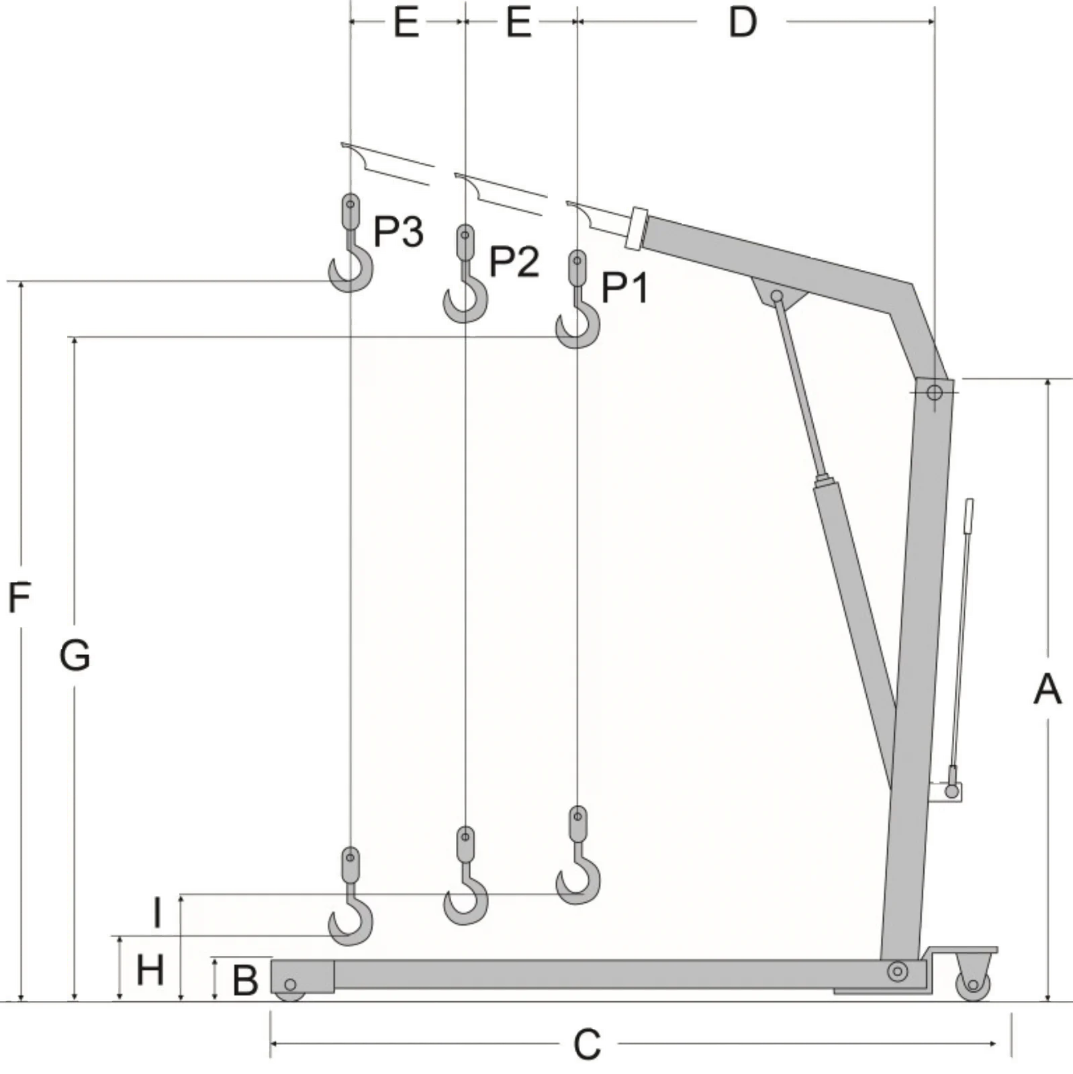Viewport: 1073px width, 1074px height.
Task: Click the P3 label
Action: click(x=398, y=232)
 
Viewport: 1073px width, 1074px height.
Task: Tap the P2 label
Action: click(x=514, y=262)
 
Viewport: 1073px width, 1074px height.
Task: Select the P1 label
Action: click(x=625, y=289)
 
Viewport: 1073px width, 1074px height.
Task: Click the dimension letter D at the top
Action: click(x=743, y=23)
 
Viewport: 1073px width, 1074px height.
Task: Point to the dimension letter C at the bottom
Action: click(x=587, y=1044)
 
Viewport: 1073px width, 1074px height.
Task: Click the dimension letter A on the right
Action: click(x=1047, y=689)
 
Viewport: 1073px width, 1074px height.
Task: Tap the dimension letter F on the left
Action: click(x=19, y=597)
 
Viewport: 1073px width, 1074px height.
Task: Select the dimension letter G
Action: click(x=75, y=655)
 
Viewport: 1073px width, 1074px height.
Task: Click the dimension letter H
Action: click(x=150, y=970)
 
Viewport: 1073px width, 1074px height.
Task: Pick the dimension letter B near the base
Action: click(x=245, y=981)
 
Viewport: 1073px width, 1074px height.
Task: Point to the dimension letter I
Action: click(x=157, y=914)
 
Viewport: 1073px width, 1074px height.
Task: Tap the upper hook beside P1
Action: click(x=577, y=299)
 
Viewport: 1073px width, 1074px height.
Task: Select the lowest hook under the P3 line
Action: click(x=350, y=896)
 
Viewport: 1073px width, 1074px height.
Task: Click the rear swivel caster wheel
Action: click(x=973, y=984)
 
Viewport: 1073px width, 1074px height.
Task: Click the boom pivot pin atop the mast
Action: click(x=934, y=391)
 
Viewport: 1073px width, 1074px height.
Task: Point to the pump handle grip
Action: click(x=969, y=516)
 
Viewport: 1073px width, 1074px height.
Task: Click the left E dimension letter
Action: click(x=406, y=23)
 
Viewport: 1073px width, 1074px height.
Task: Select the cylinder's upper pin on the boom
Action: click(x=777, y=296)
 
